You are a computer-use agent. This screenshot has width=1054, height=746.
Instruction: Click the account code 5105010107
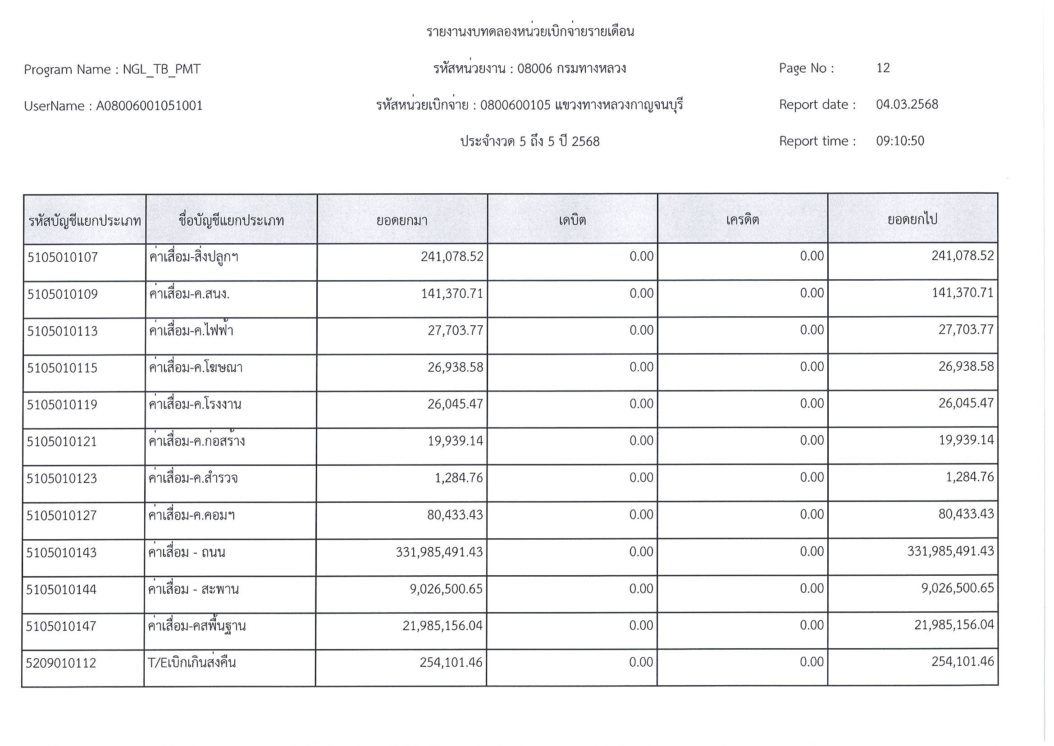[x=63, y=257]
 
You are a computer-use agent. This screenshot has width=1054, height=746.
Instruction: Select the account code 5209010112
[x=61, y=663]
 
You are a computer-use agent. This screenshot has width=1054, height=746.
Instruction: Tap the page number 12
[x=883, y=68]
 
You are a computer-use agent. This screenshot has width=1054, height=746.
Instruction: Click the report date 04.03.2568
[x=907, y=104]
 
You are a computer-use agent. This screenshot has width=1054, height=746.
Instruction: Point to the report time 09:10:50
[x=899, y=141]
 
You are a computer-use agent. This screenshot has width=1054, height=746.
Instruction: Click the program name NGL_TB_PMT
[x=161, y=69]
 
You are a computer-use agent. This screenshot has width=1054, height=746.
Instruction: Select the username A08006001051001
[x=149, y=106]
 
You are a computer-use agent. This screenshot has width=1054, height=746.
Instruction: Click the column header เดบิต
[x=572, y=220]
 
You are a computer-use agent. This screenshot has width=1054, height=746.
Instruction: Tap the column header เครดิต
[x=742, y=220]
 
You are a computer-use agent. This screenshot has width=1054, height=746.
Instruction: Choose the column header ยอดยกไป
[x=912, y=219]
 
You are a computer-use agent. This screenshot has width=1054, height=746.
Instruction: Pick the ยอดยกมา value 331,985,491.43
[x=439, y=552]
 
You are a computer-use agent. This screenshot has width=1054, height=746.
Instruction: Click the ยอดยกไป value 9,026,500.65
[x=957, y=588]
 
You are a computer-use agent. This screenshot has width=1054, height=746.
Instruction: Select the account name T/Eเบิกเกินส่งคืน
[x=192, y=662]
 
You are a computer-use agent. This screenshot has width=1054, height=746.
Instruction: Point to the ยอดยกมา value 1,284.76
[x=459, y=478]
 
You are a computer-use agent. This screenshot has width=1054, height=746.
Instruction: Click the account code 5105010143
[x=61, y=552]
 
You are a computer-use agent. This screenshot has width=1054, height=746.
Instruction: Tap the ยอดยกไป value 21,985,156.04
[x=954, y=625]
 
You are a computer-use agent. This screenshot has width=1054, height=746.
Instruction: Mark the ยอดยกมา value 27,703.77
[x=455, y=330]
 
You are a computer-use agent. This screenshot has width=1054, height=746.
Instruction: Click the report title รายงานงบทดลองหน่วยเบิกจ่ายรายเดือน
[x=530, y=32]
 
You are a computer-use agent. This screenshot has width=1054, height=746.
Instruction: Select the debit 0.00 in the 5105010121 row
[x=641, y=441]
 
